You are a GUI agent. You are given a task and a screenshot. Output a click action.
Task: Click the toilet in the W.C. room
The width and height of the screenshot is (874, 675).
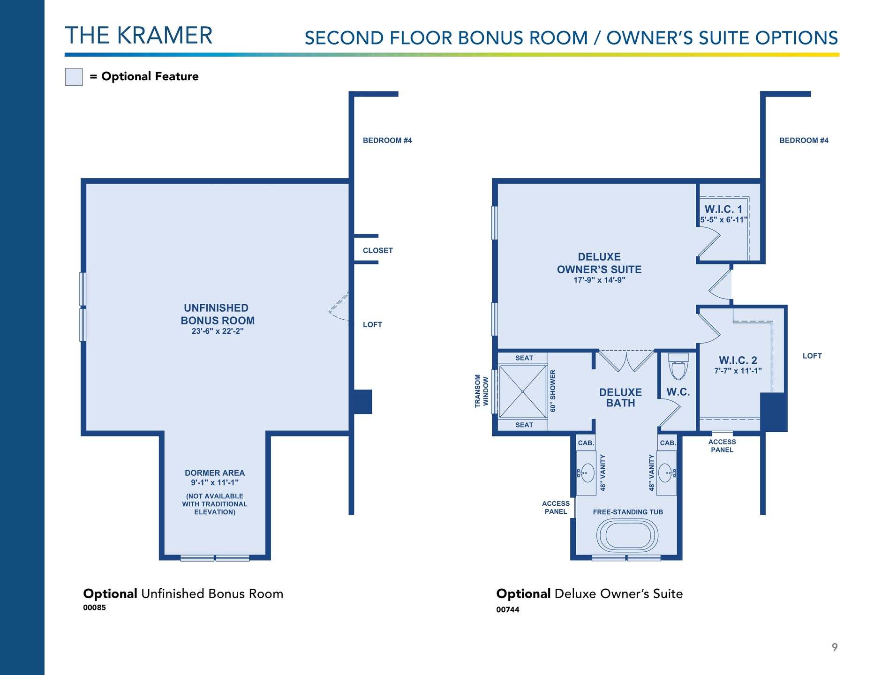click(678, 366)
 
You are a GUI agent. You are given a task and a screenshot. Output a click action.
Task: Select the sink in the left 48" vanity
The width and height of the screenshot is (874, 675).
click(586, 473)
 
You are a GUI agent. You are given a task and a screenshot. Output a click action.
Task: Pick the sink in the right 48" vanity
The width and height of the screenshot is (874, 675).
click(667, 473)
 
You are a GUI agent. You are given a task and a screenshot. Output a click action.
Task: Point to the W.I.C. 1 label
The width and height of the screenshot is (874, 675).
click(723, 209)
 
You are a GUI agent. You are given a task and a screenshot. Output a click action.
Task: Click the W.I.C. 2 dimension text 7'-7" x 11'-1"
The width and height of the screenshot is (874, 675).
click(738, 371)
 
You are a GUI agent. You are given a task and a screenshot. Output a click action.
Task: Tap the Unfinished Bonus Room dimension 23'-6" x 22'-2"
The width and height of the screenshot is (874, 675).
click(218, 331)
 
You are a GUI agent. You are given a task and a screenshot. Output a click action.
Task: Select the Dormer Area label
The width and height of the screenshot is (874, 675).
click(215, 473)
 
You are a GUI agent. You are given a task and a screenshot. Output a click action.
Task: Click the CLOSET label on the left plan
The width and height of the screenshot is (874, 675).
click(378, 250)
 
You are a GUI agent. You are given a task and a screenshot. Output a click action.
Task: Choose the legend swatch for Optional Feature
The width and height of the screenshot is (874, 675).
click(74, 77)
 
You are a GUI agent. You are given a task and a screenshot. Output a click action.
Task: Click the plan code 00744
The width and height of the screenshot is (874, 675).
click(508, 609)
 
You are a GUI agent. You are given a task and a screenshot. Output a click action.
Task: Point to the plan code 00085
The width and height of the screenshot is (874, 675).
click(94, 607)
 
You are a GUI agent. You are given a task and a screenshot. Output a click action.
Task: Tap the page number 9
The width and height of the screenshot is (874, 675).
click(835, 647)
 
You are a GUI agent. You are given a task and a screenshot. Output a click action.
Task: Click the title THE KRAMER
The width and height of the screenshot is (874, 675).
click(139, 35)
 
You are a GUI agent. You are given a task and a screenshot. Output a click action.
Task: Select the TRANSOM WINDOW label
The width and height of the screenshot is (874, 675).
click(482, 391)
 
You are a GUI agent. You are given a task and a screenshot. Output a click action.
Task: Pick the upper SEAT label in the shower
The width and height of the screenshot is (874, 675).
click(524, 358)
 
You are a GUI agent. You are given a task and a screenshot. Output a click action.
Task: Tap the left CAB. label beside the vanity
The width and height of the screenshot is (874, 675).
click(586, 443)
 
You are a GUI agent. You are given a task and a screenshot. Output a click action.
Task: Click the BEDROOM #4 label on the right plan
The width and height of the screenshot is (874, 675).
click(804, 140)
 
